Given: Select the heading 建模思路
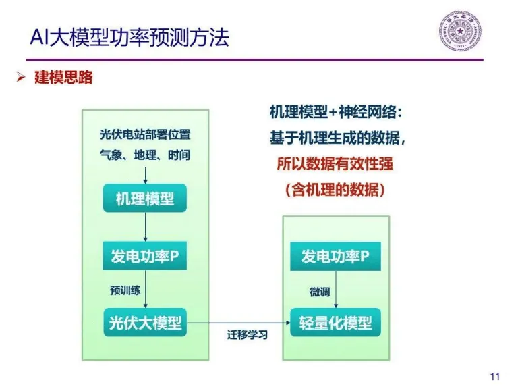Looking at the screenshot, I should [x=63, y=78].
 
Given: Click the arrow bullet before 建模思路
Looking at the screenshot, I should [x=21, y=78].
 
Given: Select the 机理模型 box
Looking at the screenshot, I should [x=145, y=199].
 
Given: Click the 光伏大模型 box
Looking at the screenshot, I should [x=145, y=323].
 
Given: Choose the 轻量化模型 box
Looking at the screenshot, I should [x=335, y=323].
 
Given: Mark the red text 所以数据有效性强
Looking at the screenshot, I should [x=335, y=165].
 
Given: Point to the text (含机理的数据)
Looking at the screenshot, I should [x=335, y=190].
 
